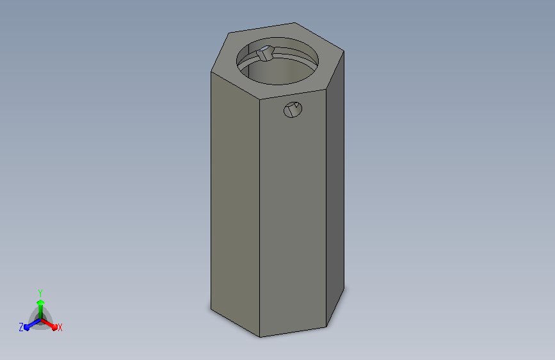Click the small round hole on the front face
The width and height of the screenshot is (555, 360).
(293, 110)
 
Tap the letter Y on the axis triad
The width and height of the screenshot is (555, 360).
(40, 293)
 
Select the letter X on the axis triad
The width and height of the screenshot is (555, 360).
(60, 327)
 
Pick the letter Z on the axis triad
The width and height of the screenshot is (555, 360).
(21, 327)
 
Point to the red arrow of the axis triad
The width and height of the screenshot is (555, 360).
(49, 324)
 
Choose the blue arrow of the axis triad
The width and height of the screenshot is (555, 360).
(32, 325)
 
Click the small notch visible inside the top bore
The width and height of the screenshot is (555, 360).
(265, 54)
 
